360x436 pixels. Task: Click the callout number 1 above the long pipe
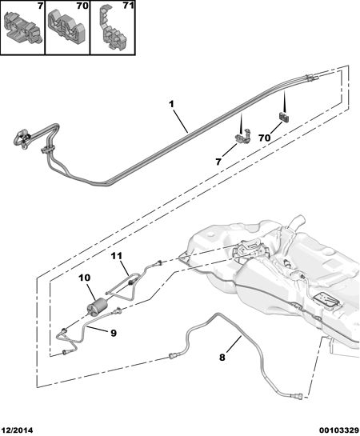click(171, 104)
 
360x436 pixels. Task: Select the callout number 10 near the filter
click(84, 278)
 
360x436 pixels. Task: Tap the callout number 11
click(117, 256)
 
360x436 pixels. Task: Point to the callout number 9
click(114, 333)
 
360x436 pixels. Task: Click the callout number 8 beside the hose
click(222, 357)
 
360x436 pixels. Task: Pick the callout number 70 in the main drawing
click(264, 138)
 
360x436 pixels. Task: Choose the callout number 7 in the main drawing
click(218, 162)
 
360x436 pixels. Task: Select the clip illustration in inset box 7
click(23, 26)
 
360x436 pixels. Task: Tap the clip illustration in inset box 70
click(66, 29)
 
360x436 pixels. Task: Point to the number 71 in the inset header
click(128, 6)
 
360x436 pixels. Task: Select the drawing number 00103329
click(339, 430)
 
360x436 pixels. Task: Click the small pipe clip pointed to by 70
click(283, 116)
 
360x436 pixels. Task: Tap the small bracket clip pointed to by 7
click(242, 135)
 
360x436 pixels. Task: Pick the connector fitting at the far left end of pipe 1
click(22, 138)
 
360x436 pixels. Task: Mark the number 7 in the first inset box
click(40, 6)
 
